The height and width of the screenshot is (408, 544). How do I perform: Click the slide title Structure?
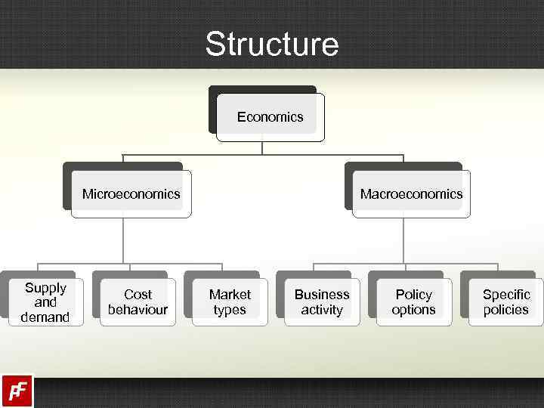coord(272,44)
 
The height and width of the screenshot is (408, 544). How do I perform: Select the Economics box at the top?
coord(270,117)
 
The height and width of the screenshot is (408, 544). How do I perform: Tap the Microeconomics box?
coord(131,194)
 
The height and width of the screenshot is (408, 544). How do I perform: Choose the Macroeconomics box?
coord(411,194)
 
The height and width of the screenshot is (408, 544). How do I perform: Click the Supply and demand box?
coord(45,302)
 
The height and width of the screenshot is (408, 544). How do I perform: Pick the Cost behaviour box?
coord(138,302)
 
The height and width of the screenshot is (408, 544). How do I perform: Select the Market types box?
coord(230,302)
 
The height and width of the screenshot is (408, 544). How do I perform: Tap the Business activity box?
coord(322,302)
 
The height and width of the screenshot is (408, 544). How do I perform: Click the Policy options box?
coord(413,302)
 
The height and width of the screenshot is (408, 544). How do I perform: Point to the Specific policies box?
coord(505,302)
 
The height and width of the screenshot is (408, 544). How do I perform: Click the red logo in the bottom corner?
coord(17,391)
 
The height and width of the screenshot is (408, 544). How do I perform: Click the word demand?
coord(45,317)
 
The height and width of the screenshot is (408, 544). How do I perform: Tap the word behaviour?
coord(138,310)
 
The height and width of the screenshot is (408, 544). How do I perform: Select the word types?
coord(230,310)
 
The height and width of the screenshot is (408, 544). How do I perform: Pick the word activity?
coord(322,310)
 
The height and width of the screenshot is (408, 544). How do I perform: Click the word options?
coord(413,310)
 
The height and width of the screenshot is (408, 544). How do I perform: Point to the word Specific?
coord(506,295)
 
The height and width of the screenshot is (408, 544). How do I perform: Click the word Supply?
coord(45,288)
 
